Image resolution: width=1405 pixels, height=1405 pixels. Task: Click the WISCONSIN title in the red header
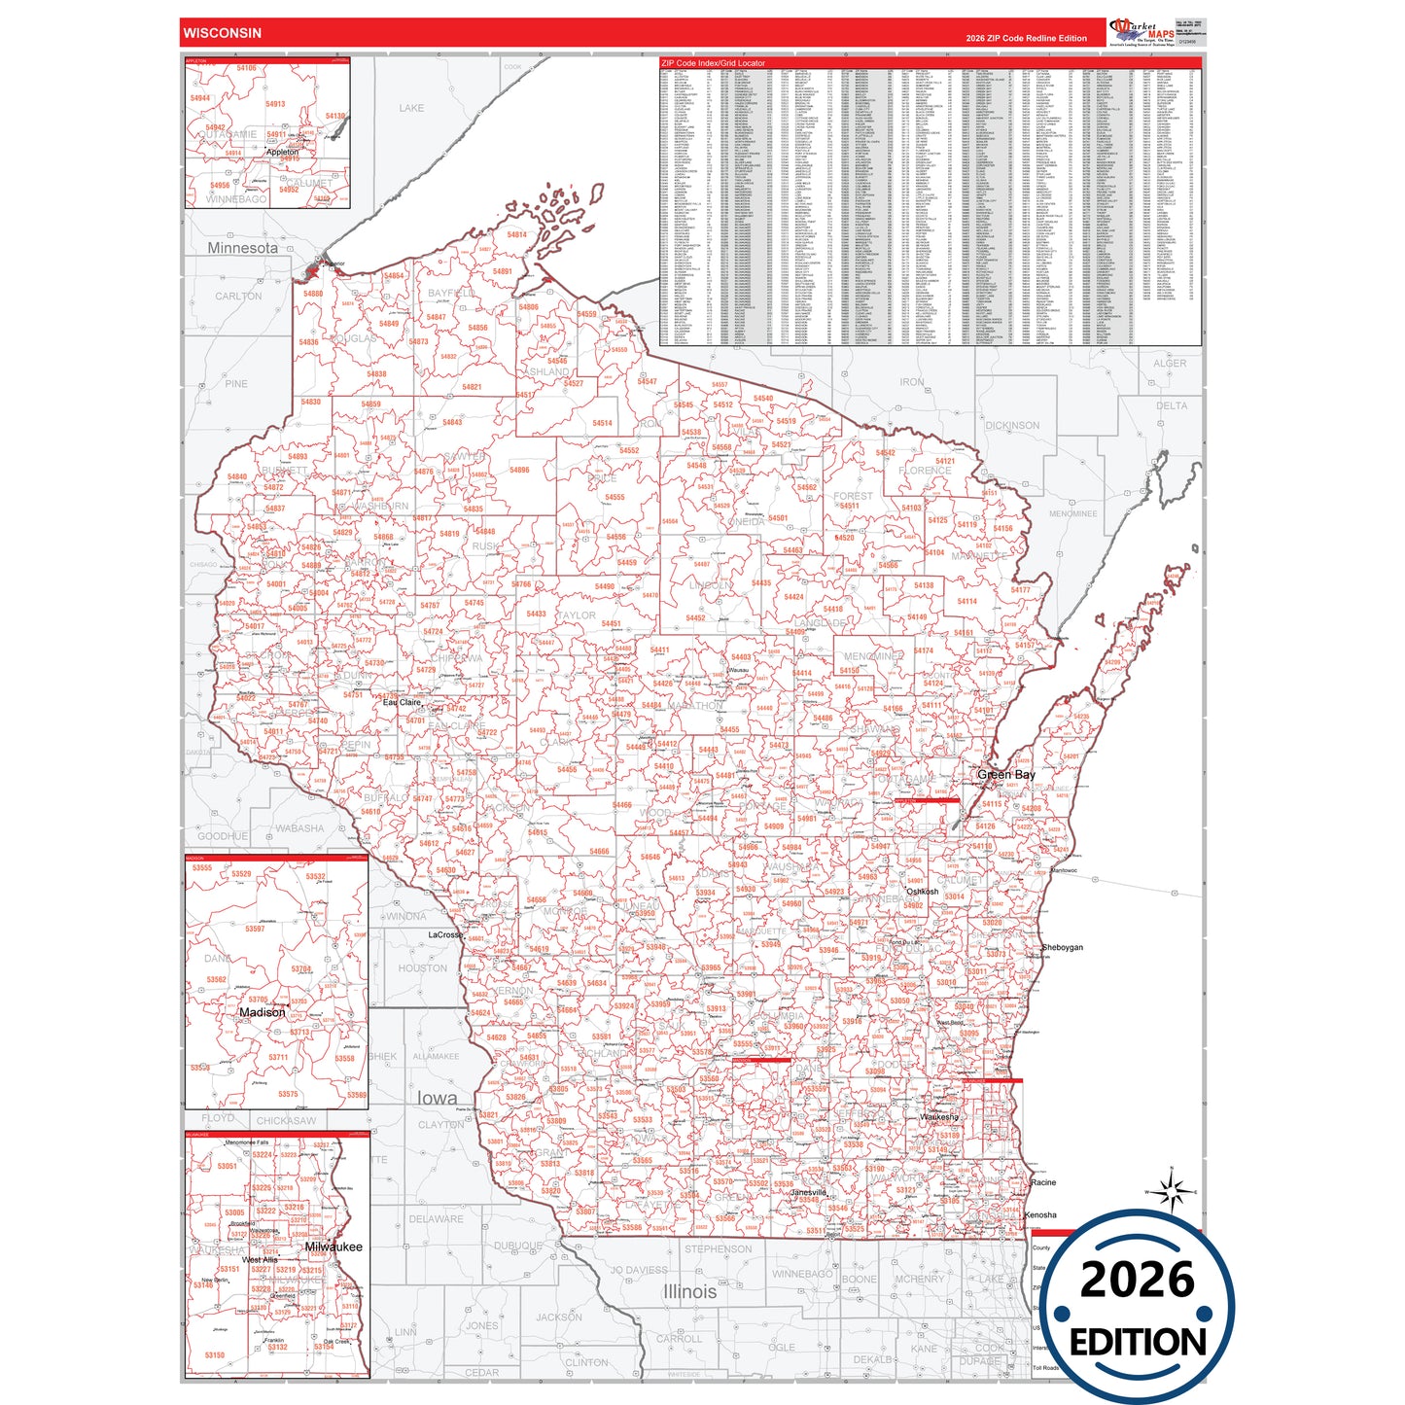click(x=222, y=33)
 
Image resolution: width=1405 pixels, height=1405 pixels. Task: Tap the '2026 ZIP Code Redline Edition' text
click(x=1026, y=39)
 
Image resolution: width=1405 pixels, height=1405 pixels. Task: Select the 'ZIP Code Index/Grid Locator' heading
click(x=713, y=63)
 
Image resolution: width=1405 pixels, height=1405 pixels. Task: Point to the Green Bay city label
click(x=1005, y=775)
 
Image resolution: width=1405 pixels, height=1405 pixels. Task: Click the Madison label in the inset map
click(x=262, y=1012)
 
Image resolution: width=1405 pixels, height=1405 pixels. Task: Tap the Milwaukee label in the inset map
click(x=333, y=1247)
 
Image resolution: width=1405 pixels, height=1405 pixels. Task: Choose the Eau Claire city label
click(x=402, y=702)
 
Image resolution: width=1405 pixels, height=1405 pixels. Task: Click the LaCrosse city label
click(x=446, y=934)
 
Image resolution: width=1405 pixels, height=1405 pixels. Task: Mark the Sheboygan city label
click(x=1062, y=947)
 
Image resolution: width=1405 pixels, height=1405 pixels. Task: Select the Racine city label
click(x=1043, y=1182)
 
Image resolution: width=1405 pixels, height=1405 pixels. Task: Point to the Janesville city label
click(x=808, y=1192)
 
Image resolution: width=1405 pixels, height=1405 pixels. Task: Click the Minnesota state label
click(x=242, y=248)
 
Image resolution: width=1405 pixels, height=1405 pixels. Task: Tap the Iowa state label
click(x=437, y=1098)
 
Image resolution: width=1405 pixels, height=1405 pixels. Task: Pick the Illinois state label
click(x=689, y=1291)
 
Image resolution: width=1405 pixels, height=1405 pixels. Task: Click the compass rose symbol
click(x=1173, y=1191)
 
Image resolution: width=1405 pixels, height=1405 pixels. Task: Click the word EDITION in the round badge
click(x=1137, y=1342)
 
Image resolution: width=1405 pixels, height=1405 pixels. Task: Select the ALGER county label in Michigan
click(x=1170, y=364)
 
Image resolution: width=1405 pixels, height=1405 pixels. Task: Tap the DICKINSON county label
click(x=1011, y=426)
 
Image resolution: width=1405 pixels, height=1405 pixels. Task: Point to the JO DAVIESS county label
click(x=639, y=1270)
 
